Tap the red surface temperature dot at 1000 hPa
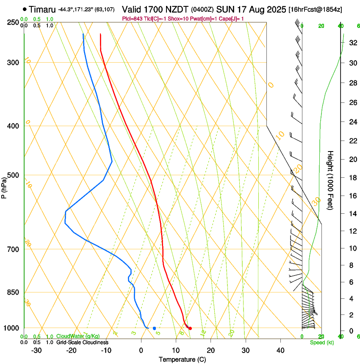(190, 328)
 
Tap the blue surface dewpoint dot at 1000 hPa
(154, 328)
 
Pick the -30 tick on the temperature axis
(36, 350)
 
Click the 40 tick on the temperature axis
(280, 350)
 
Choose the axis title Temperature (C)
(182, 359)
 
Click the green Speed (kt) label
(321, 342)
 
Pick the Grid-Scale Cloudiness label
(82, 342)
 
